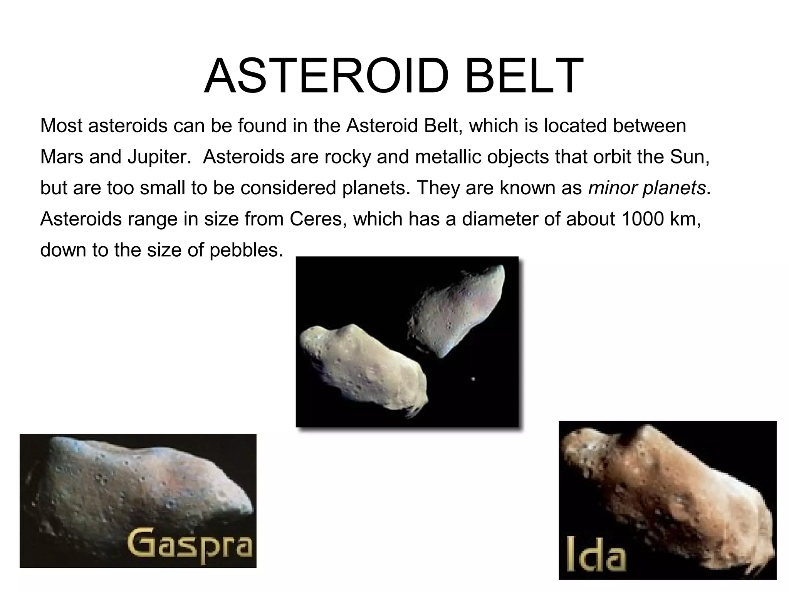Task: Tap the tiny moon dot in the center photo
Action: [473, 379]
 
